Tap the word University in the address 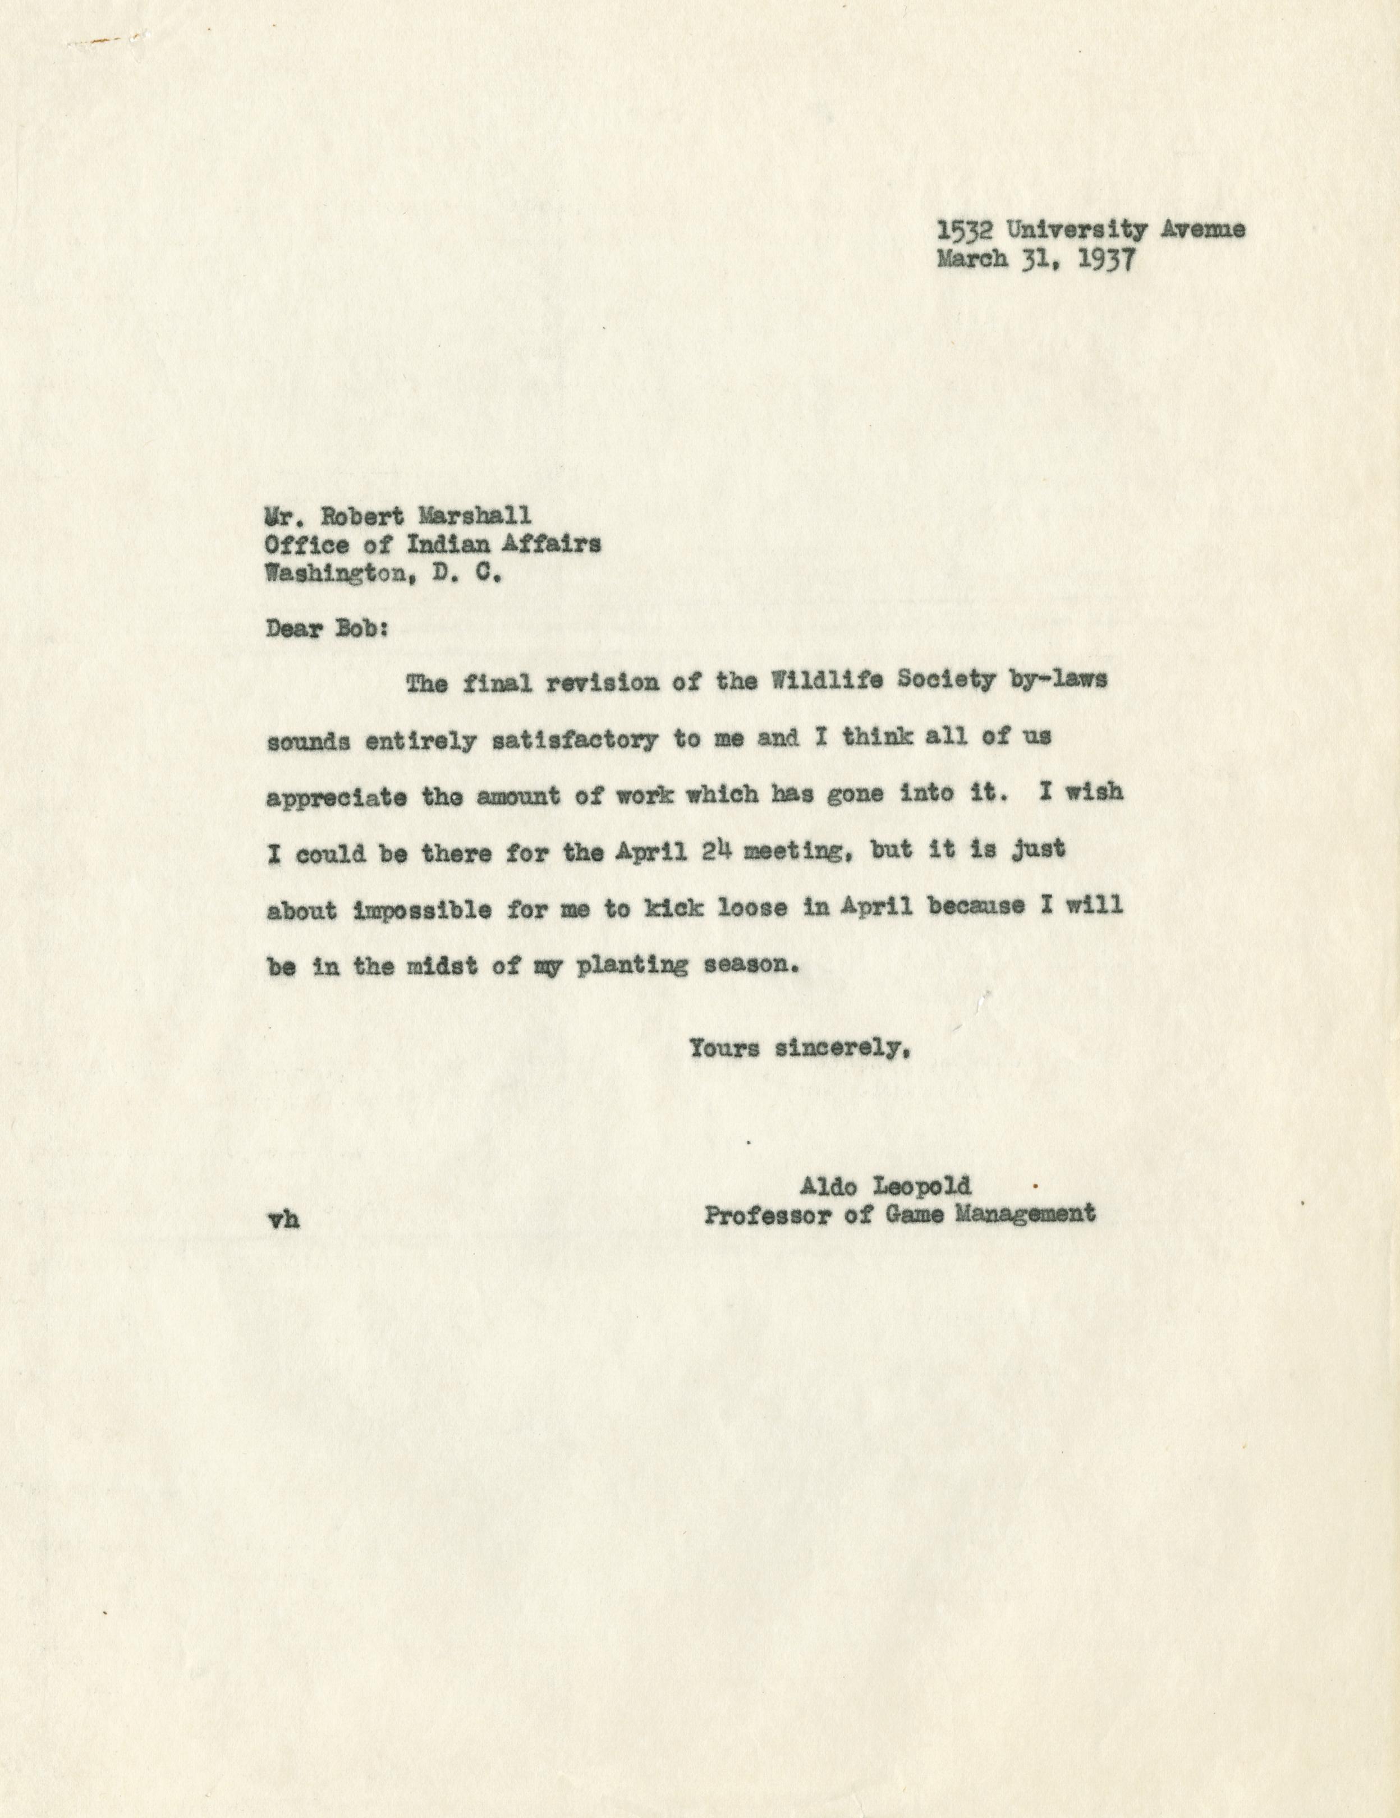(1074, 231)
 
